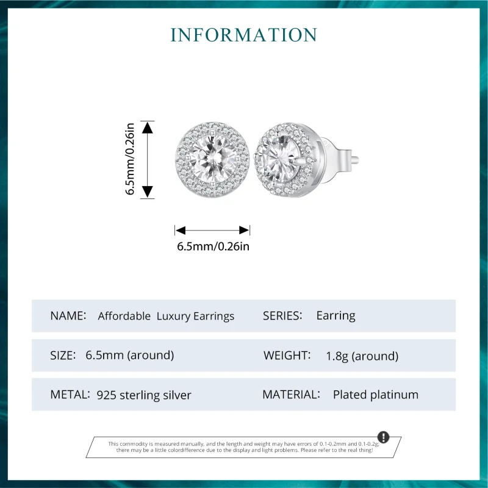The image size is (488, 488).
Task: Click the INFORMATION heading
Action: [x=244, y=34]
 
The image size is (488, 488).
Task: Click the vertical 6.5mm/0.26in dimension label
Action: [x=130, y=159]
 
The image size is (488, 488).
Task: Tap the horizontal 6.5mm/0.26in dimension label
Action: [x=213, y=246]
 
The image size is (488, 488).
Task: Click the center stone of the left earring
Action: [x=211, y=159]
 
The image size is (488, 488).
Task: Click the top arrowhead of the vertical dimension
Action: [x=147, y=127]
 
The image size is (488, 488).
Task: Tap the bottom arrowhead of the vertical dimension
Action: [x=147, y=192]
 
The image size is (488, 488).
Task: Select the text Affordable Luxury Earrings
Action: [x=166, y=316]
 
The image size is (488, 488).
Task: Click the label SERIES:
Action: [x=282, y=316]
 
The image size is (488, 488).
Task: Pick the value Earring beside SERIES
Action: [x=335, y=316]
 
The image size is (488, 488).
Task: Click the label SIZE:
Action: [x=63, y=355]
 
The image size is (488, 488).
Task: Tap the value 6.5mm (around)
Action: [x=130, y=355]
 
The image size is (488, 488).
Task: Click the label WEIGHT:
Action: [x=287, y=355]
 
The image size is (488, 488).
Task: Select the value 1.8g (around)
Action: [x=362, y=356]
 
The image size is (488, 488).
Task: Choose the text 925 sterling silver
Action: [x=144, y=395]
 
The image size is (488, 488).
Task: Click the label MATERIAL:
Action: [x=291, y=395]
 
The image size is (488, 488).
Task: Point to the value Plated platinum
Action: [x=376, y=395]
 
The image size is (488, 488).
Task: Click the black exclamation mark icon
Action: [x=383, y=437]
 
